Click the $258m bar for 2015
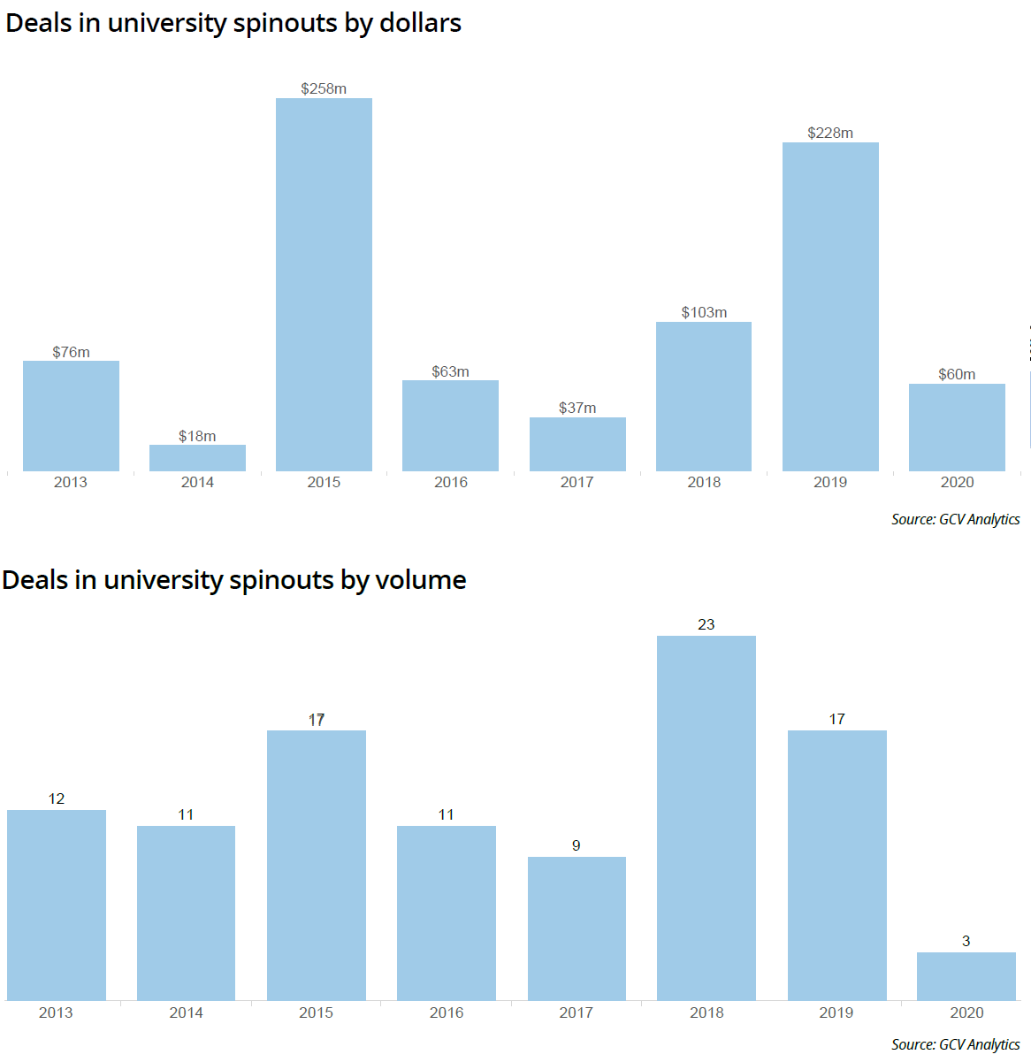[324, 285]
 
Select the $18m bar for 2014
[197, 458]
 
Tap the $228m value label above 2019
[830, 133]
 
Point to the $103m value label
[704, 312]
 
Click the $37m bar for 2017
[577, 444]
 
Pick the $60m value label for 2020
[957, 374]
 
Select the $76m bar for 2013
[71, 416]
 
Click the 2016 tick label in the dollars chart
[451, 482]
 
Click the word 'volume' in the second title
[420, 580]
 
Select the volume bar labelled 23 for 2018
[706, 818]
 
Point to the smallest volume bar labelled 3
[966, 976]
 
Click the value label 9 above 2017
[577, 845]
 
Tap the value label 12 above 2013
[57, 798]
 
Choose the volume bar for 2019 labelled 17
[836, 865]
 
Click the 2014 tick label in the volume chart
[186, 1012]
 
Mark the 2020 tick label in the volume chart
[966, 1012]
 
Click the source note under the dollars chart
[955, 519]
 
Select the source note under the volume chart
[955, 1044]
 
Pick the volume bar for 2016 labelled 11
[447, 913]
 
